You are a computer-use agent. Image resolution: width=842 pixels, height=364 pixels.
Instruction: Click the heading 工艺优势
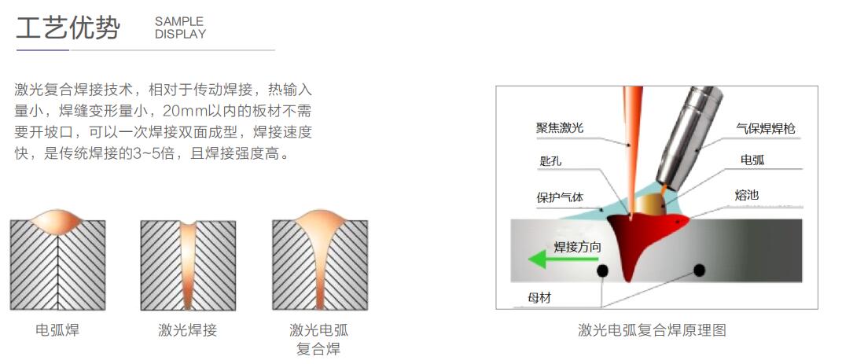(68, 28)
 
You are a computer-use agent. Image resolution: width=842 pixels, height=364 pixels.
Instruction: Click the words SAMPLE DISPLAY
(180, 28)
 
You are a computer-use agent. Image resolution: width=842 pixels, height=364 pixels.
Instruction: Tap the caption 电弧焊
(57, 330)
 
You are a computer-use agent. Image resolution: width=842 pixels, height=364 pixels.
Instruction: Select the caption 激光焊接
(188, 330)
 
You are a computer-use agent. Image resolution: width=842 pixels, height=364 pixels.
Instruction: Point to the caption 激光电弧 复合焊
(318, 339)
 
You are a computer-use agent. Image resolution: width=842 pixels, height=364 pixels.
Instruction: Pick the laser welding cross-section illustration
(188, 267)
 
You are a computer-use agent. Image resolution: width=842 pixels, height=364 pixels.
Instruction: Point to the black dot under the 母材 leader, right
(697, 270)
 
